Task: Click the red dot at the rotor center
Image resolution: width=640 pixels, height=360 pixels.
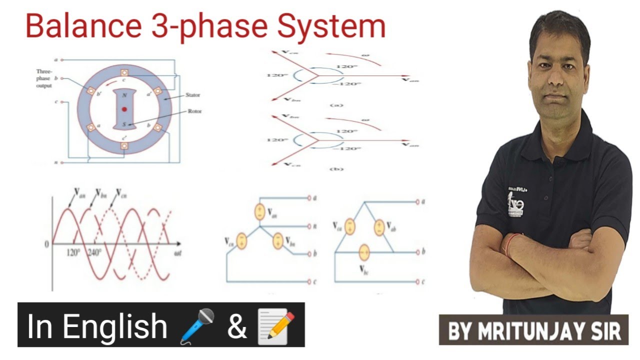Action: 124,108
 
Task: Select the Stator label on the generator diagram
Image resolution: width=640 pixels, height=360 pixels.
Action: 193,94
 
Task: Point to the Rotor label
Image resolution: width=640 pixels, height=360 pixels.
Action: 194,111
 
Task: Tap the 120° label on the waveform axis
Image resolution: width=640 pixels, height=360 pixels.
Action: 73,252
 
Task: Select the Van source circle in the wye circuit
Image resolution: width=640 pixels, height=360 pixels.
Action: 259,211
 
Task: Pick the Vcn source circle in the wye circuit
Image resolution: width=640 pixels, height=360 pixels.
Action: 241,240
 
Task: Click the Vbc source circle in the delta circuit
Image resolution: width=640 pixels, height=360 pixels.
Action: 364,252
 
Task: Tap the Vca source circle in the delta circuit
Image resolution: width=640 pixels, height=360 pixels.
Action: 349,227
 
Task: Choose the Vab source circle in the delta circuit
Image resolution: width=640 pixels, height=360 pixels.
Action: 380,227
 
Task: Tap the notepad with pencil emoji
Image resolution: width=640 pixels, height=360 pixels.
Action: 275,325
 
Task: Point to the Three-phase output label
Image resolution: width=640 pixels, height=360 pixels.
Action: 44,78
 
